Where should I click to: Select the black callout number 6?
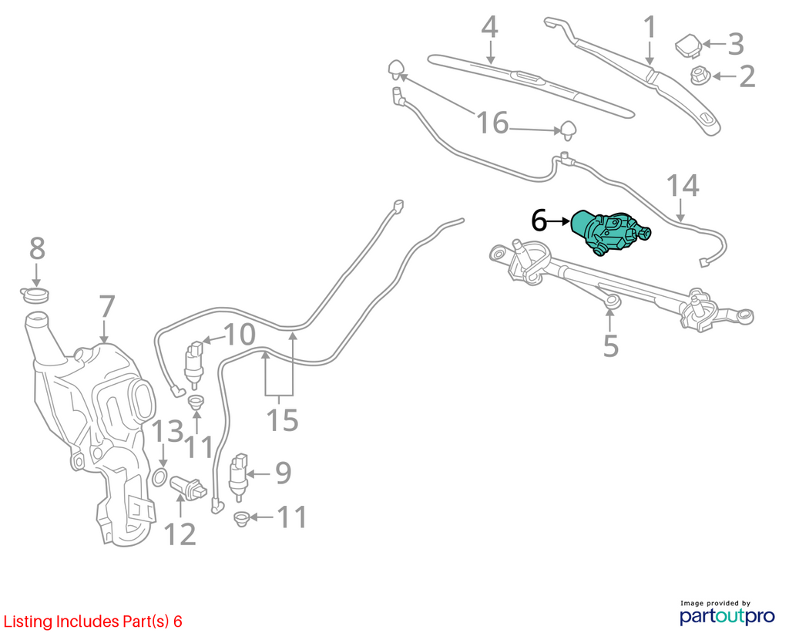pyautogui.click(x=539, y=221)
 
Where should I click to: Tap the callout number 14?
pyautogui.click(x=683, y=186)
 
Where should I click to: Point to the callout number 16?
pyautogui.click(x=492, y=123)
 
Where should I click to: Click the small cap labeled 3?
pyautogui.click(x=688, y=45)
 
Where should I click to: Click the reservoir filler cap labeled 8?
pyautogui.click(x=35, y=295)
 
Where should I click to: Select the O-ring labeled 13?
pyautogui.click(x=159, y=477)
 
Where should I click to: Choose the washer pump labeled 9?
pyautogui.click(x=239, y=477)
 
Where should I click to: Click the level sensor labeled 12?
pyautogui.click(x=190, y=488)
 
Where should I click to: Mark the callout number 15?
pyautogui.click(x=282, y=420)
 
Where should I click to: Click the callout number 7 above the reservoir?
pyautogui.click(x=107, y=307)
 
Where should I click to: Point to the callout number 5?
pyautogui.click(x=610, y=346)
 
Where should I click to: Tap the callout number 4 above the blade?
pyautogui.click(x=489, y=28)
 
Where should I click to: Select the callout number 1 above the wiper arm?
pyautogui.click(x=650, y=27)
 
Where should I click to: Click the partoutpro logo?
pyautogui.click(x=727, y=616)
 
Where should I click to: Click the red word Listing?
pyautogui.click(x=28, y=621)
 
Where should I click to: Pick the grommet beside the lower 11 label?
pyautogui.click(x=243, y=518)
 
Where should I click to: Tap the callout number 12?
pyautogui.click(x=180, y=535)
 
